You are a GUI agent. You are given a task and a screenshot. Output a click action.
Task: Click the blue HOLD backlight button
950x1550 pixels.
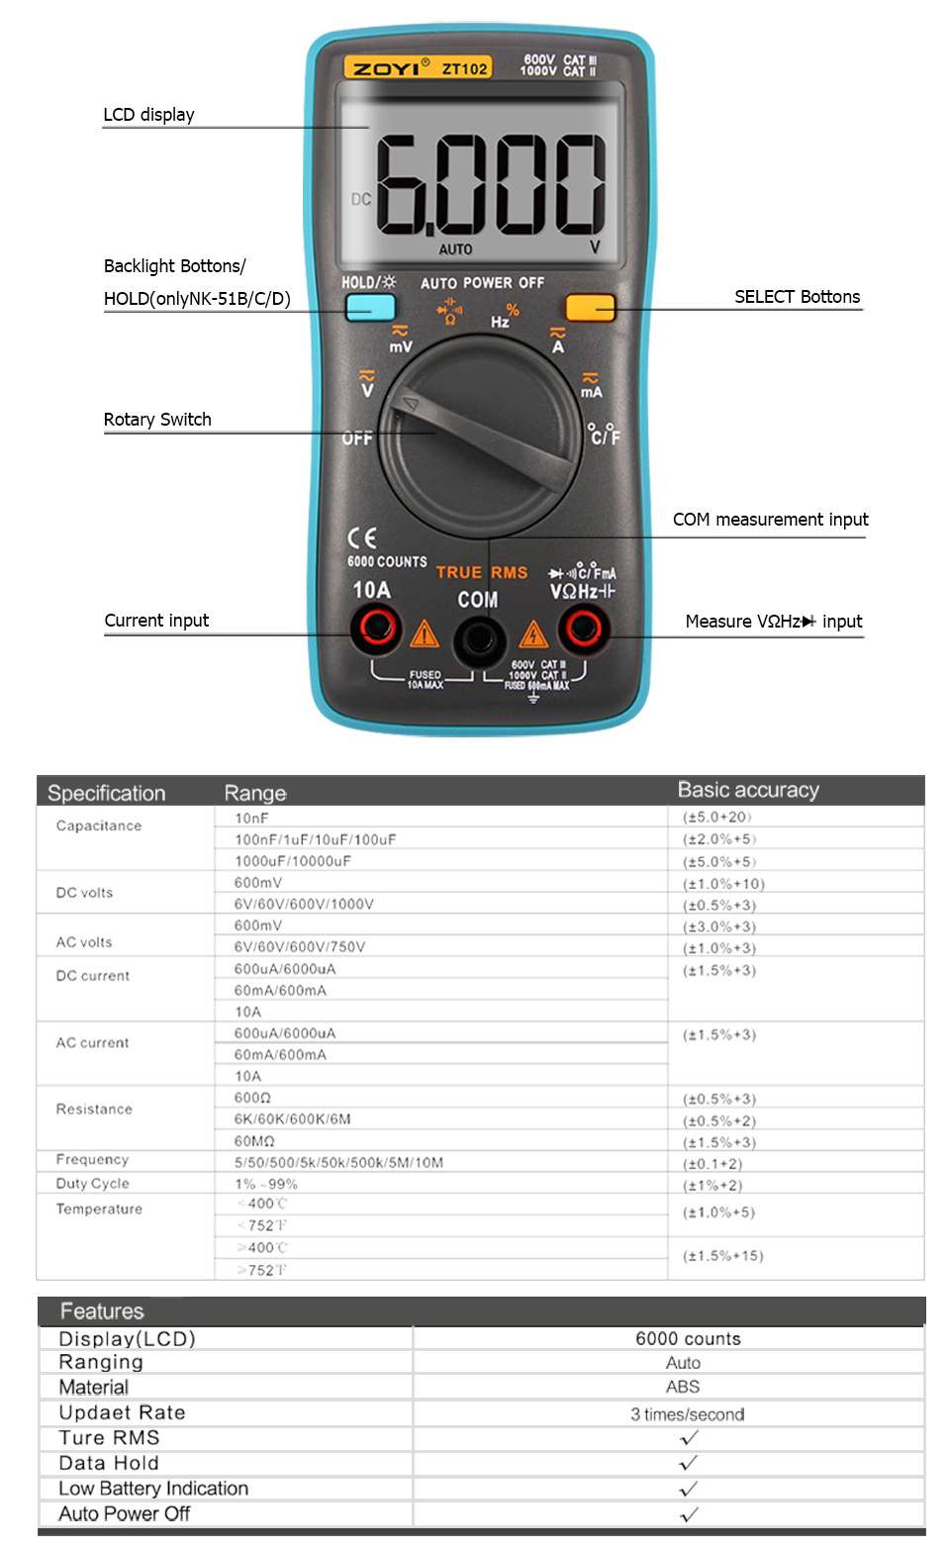370,308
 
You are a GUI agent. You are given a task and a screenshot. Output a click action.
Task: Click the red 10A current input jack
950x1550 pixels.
377,627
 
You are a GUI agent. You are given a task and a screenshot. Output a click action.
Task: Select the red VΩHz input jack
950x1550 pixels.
583,627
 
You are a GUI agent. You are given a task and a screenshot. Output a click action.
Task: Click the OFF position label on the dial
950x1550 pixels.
357,437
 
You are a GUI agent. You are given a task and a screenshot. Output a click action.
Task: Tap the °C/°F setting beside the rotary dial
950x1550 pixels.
604,434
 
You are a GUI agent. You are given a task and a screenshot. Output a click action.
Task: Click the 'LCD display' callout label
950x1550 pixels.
148,115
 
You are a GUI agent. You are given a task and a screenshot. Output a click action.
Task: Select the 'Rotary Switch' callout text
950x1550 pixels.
157,420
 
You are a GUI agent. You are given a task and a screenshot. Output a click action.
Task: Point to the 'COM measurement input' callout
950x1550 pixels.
770,520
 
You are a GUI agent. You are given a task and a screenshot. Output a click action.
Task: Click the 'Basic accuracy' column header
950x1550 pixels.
748,790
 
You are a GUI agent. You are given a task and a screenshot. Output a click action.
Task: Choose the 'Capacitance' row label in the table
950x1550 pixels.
99,825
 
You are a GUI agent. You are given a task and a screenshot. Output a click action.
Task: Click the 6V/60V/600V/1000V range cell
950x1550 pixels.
304,904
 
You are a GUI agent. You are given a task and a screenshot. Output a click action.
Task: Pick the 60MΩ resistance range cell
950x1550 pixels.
254,1141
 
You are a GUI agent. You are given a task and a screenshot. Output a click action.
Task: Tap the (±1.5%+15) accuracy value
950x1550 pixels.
723,1255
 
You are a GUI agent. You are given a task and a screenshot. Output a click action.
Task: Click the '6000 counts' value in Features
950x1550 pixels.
688,1338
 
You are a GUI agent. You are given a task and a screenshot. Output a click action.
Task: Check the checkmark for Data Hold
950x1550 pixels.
689,1463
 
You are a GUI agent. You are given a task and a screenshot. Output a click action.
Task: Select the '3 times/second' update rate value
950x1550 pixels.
688,1413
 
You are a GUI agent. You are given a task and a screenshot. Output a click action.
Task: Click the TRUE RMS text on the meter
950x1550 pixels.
482,572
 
